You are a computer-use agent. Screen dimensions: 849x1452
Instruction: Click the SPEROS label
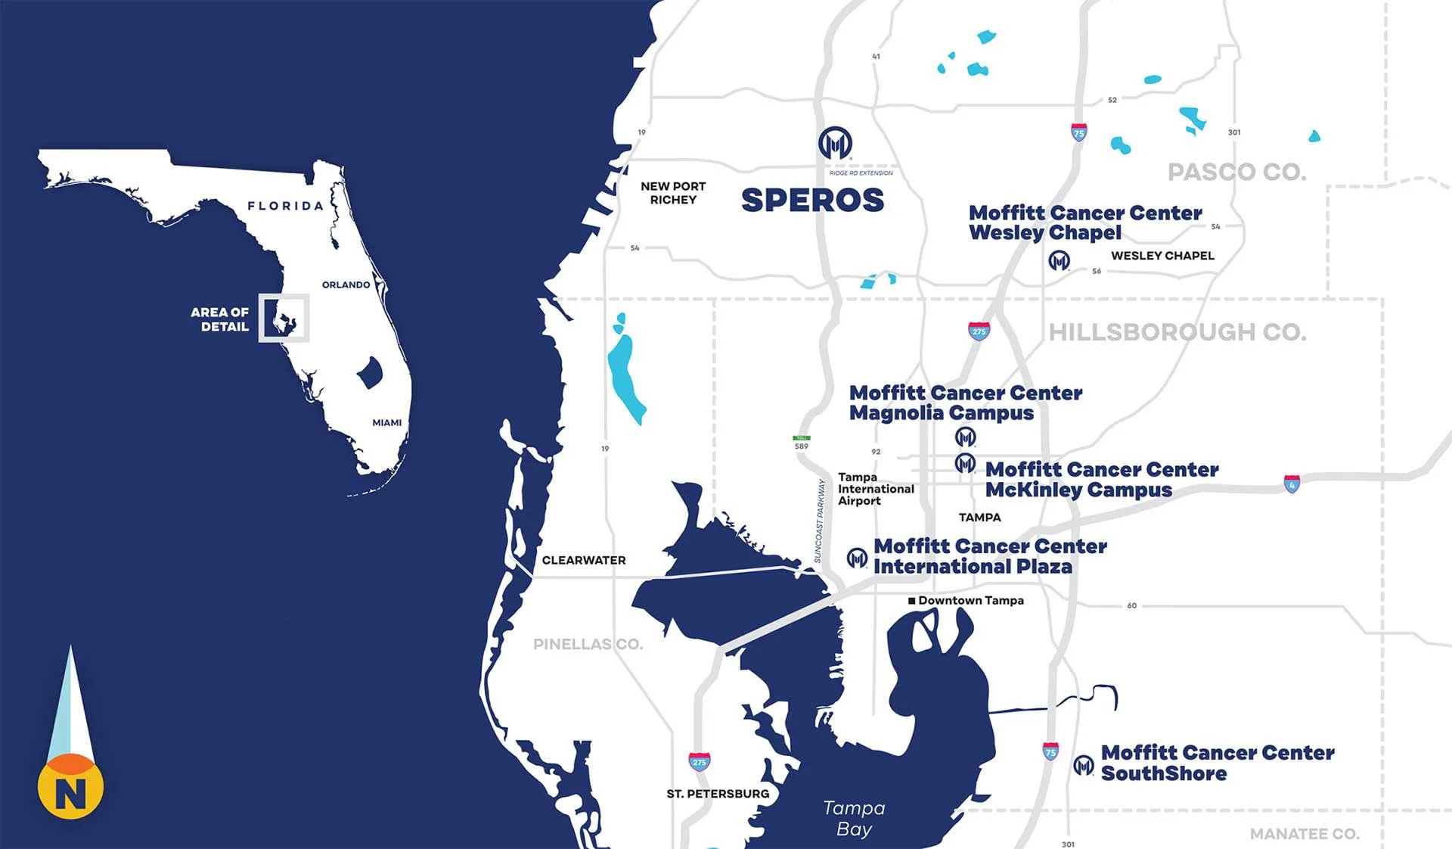click(812, 201)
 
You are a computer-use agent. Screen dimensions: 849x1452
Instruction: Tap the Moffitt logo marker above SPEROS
click(835, 143)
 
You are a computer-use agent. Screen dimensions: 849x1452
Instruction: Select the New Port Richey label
click(672, 193)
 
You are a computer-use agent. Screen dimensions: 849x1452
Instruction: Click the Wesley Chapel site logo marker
click(1059, 261)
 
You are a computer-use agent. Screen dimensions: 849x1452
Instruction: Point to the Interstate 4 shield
click(1292, 484)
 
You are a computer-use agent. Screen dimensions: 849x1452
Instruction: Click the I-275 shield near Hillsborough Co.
click(979, 331)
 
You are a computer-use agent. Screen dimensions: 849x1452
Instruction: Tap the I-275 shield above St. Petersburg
click(699, 761)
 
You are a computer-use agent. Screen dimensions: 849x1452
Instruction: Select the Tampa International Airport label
click(875, 489)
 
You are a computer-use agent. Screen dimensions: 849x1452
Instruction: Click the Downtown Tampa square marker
click(912, 601)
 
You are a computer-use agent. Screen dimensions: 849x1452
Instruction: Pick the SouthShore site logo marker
click(1083, 765)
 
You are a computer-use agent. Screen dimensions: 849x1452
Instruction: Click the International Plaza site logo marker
click(856, 558)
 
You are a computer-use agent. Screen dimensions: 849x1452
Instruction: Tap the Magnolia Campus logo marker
click(965, 437)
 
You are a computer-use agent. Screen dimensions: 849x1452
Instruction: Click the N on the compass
click(70, 792)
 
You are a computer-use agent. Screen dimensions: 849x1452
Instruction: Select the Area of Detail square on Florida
click(284, 318)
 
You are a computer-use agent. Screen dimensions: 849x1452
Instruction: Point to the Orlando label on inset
click(346, 285)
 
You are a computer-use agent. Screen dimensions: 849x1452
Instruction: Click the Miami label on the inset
click(386, 422)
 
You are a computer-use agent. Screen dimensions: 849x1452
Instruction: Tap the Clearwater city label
click(583, 560)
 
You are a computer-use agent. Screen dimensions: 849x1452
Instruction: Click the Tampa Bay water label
click(854, 818)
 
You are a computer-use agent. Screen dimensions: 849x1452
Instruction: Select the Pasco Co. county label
click(1236, 172)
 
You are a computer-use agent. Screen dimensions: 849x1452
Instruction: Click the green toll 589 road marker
click(801, 438)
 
